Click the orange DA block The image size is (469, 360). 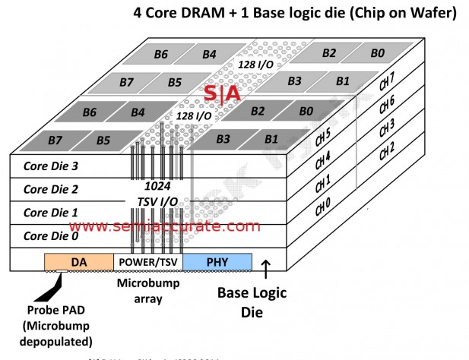(78, 262)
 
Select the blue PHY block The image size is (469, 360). (217, 262)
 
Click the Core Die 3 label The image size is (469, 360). (51, 165)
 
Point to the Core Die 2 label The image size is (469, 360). (51, 188)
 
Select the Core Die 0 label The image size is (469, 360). (51, 235)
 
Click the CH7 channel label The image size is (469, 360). (407, 81)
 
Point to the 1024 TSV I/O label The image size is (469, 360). (151, 193)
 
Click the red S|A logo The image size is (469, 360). (222, 93)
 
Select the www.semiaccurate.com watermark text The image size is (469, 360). (164, 226)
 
